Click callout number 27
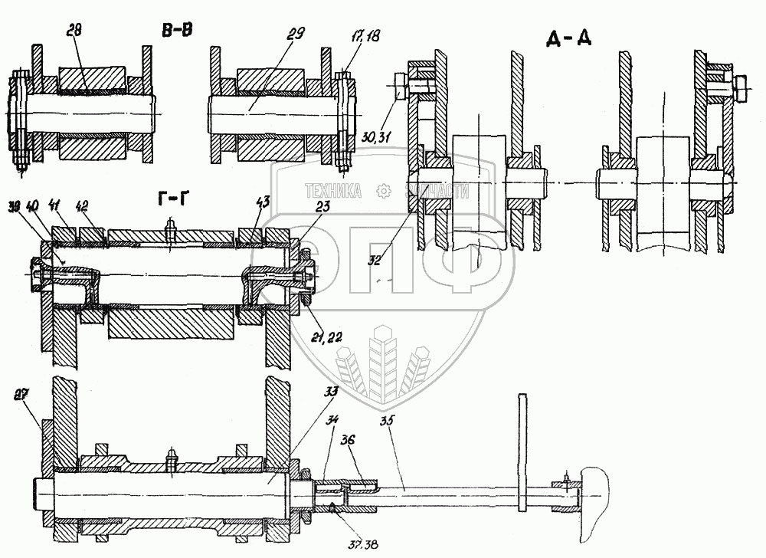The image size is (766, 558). click(21, 395)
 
